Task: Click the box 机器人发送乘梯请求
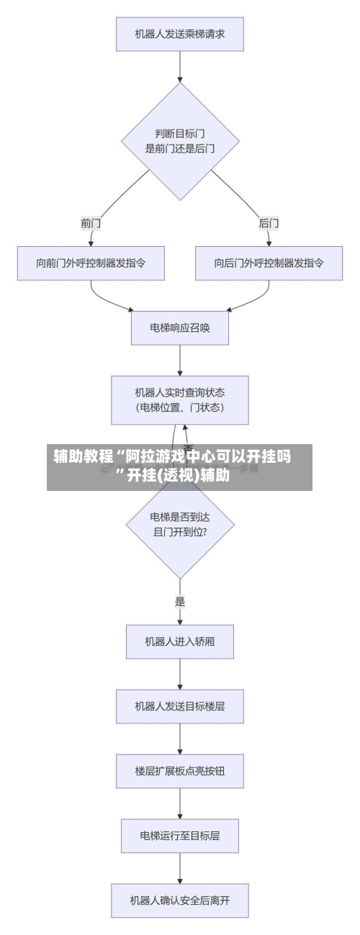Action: (180, 33)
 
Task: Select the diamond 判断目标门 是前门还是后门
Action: (180, 141)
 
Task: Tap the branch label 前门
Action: (91, 223)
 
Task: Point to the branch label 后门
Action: (269, 223)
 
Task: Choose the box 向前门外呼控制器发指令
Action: (91, 263)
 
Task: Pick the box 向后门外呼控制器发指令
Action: (269, 263)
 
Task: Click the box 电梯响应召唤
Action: (180, 328)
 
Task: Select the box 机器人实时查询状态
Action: (180, 399)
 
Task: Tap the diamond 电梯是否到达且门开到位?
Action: (180, 523)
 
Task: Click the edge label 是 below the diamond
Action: (180, 601)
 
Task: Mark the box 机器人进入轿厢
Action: (180, 641)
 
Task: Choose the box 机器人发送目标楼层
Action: (180, 706)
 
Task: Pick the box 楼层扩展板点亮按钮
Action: (180, 770)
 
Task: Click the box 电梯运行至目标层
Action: (180, 836)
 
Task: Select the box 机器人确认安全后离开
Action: (180, 900)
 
